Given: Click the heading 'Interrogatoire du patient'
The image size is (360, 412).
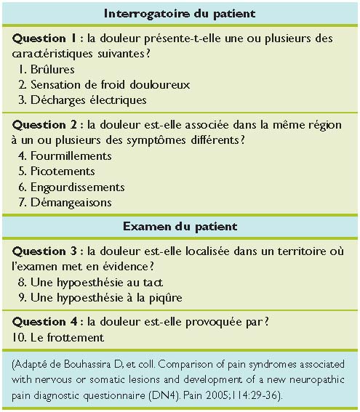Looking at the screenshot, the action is click(180, 14).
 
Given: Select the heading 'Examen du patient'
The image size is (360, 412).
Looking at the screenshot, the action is click(180, 227).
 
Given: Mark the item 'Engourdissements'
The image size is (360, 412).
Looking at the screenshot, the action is click(77, 187).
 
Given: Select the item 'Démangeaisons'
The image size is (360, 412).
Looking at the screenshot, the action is click(71, 202).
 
